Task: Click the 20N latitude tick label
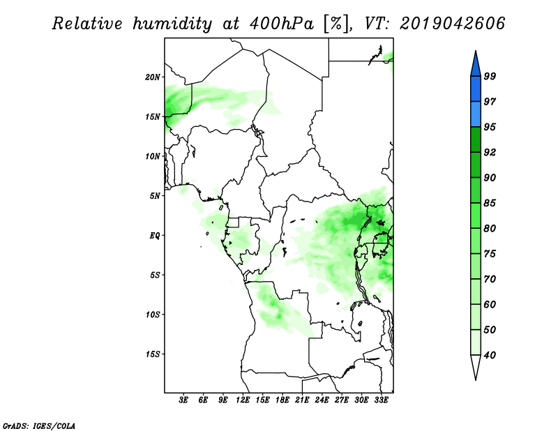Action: point(153,77)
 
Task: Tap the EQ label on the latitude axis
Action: point(154,236)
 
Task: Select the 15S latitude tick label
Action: point(153,354)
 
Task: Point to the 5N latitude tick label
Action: point(155,196)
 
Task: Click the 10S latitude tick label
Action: point(153,315)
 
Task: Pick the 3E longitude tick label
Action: point(183,400)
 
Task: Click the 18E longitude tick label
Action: point(282,400)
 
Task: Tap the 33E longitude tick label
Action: point(381,400)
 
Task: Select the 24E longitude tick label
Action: point(322,400)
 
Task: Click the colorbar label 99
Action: point(490,76)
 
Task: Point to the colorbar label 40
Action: point(490,355)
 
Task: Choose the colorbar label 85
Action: point(490,203)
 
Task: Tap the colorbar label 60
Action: point(490,304)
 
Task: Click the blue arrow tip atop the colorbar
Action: point(476,51)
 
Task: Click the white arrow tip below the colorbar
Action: point(476,379)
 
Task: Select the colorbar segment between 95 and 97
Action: point(476,114)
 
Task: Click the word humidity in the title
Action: point(172,24)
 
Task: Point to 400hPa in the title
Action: point(282,24)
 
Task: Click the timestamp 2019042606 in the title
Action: point(452,24)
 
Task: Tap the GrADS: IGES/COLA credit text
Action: point(39,425)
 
